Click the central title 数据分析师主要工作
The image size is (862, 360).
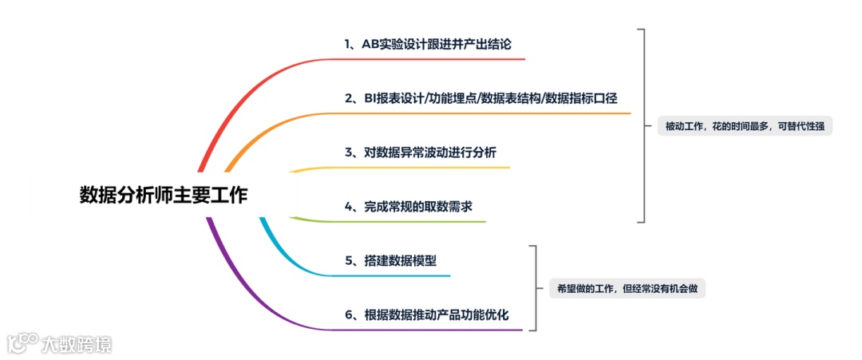click(164, 196)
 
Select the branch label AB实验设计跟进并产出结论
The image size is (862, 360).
click(434, 43)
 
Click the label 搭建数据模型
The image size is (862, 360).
click(389, 260)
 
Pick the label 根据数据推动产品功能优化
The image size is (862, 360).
click(427, 315)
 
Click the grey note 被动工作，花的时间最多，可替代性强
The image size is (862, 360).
click(745, 126)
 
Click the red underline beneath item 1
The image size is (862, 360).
click(431, 59)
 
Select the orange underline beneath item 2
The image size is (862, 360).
click(479, 113)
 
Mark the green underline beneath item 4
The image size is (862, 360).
click(399, 221)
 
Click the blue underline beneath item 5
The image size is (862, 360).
click(383, 276)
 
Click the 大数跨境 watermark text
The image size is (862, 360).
click(77, 345)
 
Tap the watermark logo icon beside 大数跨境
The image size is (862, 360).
click(22, 343)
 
